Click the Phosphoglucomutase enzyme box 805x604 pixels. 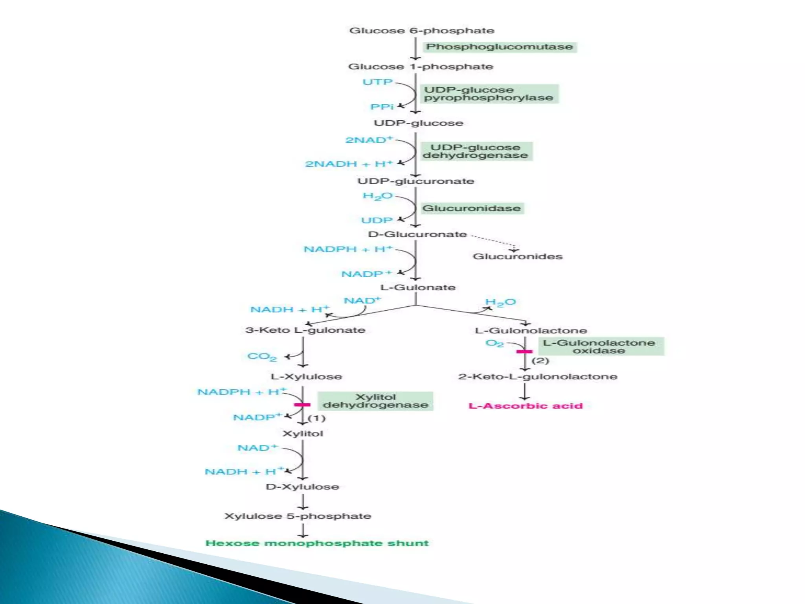pyautogui.click(x=500, y=47)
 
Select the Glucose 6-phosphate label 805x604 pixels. pyautogui.click(x=421, y=31)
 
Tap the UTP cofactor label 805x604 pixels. pyautogui.click(x=377, y=82)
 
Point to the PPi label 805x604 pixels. pyautogui.click(x=382, y=107)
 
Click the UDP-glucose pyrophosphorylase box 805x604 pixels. pyautogui.click(x=489, y=94)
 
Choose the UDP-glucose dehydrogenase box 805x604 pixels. pyautogui.click(x=476, y=151)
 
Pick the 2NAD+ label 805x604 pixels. pyautogui.click(x=369, y=140)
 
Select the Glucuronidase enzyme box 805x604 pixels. pyautogui.click(x=472, y=208)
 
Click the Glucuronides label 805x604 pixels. pyautogui.click(x=517, y=256)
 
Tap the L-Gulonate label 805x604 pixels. pyautogui.click(x=418, y=287)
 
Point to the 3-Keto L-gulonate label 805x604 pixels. pyautogui.click(x=305, y=330)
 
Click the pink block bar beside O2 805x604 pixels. pyautogui.click(x=524, y=352)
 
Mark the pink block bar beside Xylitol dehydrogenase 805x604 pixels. pyautogui.click(x=302, y=405)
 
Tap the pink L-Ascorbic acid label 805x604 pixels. pyautogui.click(x=526, y=406)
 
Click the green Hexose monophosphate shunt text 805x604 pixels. pyautogui.click(x=317, y=543)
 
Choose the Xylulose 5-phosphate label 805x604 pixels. pyautogui.click(x=298, y=516)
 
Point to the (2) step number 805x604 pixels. pyautogui.click(x=540, y=361)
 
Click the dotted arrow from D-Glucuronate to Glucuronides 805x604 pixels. pyautogui.click(x=493, y=241)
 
